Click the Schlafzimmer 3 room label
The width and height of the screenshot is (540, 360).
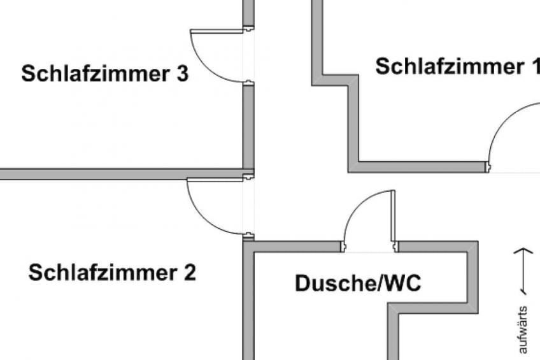[x=104, y=73]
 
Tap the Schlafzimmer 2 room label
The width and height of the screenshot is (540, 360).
[x=112, y=273]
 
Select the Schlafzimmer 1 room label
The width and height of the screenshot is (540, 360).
[x=458, y=66]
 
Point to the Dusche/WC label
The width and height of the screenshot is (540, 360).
[x=358, y=283]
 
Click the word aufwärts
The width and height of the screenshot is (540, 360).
[x=522, y=329]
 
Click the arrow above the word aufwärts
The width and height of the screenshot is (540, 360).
[x=523, y=271]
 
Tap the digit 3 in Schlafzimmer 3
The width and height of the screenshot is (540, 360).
[x=183, y=73]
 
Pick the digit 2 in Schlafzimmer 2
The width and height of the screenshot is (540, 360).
[x=190, y=273]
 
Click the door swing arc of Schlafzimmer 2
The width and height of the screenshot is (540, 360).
[x=201, y=218]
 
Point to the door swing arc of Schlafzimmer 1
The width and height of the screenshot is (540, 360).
[x=504, y=120]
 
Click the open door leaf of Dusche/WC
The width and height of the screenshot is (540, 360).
[x=393, y=215]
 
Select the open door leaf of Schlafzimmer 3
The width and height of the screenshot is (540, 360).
[x=217, y=31]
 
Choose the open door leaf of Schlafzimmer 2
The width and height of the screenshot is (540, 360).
[x=215, y=180]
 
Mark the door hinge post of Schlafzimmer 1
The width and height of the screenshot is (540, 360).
[x=488, y=167]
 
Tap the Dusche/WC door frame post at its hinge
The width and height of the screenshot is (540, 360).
[x=395, y=247]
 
